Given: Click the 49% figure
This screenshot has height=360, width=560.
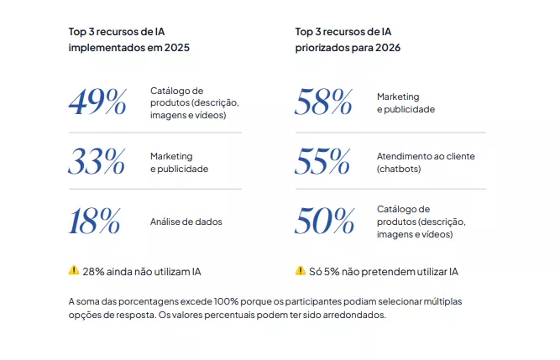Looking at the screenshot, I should coord(97,102).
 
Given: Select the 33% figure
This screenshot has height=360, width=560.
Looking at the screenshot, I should coord(97,162).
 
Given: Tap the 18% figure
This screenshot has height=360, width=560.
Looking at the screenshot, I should coord(95,222).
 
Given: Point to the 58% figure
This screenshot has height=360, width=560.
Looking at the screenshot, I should coord(324,102).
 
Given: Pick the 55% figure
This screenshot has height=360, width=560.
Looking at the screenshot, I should coord(324,162).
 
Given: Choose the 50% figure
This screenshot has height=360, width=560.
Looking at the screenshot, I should coord(324,222).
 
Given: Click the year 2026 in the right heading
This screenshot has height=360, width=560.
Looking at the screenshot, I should coord(385,48).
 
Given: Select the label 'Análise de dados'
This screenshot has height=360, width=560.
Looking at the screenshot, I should coord(186,222).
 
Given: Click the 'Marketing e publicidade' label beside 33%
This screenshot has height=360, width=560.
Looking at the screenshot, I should coord(179,162).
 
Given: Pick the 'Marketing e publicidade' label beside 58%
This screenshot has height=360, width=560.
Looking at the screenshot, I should coord(406,102).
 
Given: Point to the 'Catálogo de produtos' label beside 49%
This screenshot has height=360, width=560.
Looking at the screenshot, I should coord(194,102).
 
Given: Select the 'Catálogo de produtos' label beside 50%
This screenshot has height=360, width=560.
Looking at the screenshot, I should coord(421,222).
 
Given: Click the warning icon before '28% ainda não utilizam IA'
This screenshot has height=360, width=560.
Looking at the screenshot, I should coord(74,270).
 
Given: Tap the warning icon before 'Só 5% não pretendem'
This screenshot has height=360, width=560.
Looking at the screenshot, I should coord(301,270).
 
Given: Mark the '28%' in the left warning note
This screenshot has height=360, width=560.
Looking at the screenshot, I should coord(93,271).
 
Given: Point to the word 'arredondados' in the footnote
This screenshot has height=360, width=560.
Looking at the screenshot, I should coord(357,316).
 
